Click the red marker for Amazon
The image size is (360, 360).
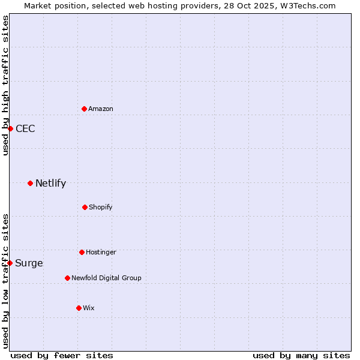(84, 109)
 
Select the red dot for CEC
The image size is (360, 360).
(10, 128)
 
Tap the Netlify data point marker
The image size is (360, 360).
(30, 183)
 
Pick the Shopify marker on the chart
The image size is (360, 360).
(85, 207)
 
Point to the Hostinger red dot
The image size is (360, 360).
(82, 252)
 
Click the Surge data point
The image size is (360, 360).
(10, 263)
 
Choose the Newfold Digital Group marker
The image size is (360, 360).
(67, 278)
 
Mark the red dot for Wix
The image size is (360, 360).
(79, 308)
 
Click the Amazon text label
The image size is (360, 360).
(101, 109)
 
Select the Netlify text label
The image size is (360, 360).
(50, 184)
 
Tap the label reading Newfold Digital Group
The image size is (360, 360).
(106, 278)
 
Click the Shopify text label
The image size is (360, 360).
(101, 207)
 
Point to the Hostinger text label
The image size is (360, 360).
(101, 252)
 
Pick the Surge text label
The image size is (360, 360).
(29, 263)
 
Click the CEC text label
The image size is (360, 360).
(25, 129)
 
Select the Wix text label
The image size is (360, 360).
(89, 308)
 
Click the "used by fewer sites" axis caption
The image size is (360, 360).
(62, 355)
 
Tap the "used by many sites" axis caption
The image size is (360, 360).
(301, 355)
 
